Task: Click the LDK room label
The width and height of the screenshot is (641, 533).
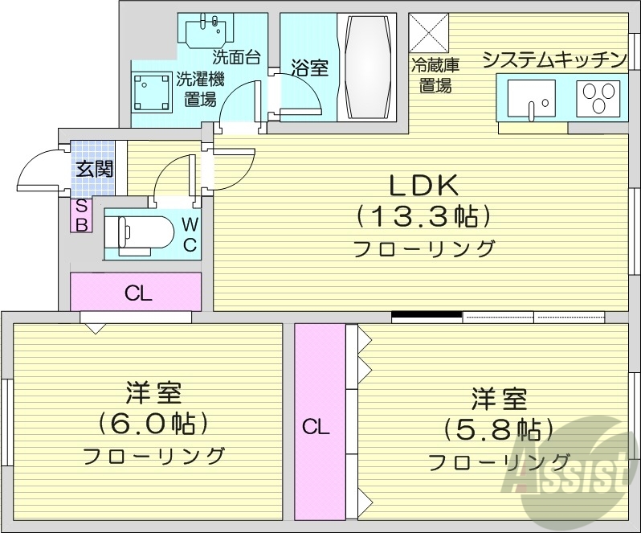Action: tap(423, 187)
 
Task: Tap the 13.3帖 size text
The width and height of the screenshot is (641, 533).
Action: tap(423, 216)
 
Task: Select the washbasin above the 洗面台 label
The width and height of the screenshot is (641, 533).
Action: tap(207, 32)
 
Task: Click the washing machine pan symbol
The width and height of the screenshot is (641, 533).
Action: tap(152, 92)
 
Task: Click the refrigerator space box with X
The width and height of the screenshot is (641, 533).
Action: tap(430, 34)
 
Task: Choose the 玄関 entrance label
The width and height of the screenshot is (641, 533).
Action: tap(94, 169)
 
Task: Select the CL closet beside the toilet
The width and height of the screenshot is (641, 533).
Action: tap(137, 293)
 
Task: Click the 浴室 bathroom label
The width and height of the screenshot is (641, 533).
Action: tap(309, 68)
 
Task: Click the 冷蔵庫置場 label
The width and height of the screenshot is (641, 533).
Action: tap(435, 75)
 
